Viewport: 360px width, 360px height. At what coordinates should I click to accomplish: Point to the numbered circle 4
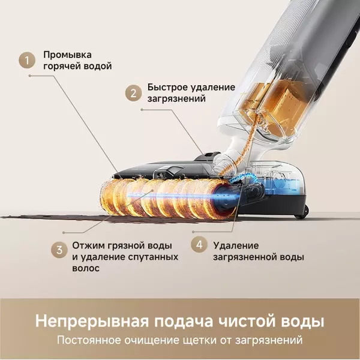pos(199,245)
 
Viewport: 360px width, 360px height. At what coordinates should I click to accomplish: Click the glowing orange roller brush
pos(162,198)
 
